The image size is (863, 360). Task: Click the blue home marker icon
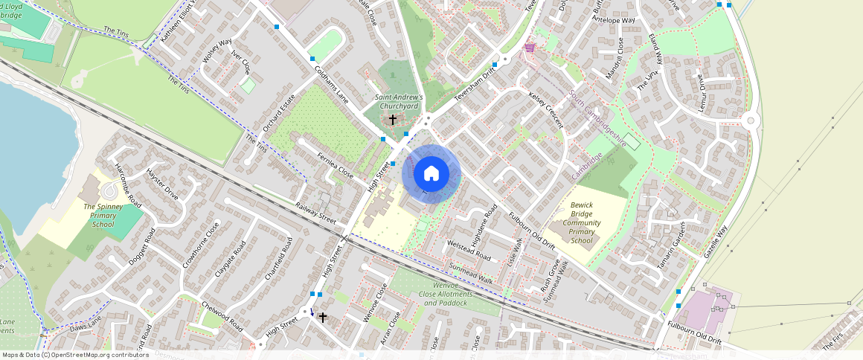[x=431, y=174]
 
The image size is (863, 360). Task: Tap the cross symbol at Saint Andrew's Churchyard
[x=393, y=119]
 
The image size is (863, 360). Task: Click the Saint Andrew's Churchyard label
[x=398, y=102]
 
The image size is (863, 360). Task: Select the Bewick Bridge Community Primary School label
[x=581, y=222]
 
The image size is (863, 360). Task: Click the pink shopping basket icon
[x=530, y=48]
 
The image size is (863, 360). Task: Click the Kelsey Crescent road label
[x=547, y=112]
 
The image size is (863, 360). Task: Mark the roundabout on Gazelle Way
[x=750, y=120]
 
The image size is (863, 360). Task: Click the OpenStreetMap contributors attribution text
[x=75, y=355]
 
